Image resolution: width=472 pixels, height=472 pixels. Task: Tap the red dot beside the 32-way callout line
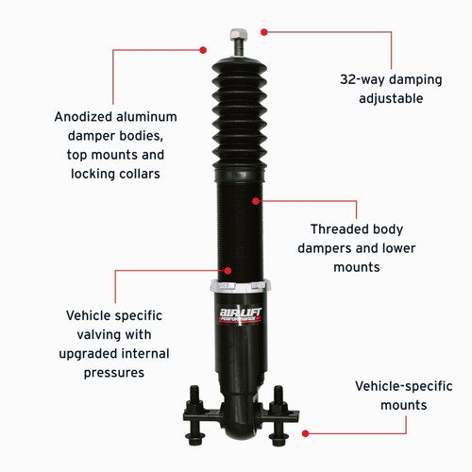coord(264,31)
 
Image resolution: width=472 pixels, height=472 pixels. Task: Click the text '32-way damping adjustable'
coord(381,89)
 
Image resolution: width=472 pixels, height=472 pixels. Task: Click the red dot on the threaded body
coord(256,200)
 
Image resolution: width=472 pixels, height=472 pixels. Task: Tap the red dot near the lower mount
coord(305,433)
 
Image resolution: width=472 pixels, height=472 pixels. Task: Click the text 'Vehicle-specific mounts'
coord(391,396)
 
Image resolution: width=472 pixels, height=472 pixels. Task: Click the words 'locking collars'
coord(115,174)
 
